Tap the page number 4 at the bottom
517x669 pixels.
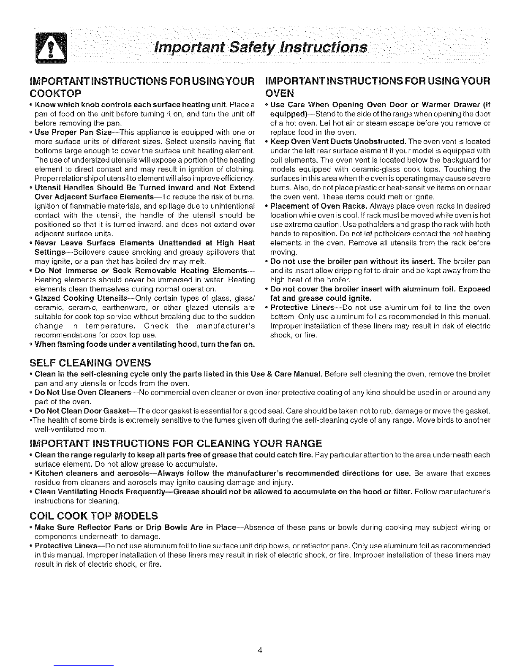coord(261,649)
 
